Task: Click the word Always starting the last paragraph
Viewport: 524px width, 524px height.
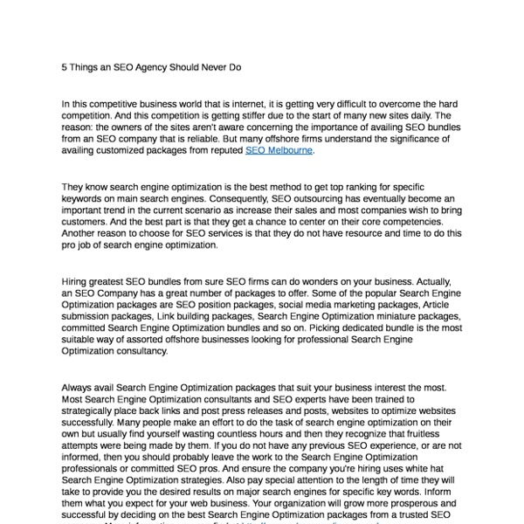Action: [79, 386]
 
